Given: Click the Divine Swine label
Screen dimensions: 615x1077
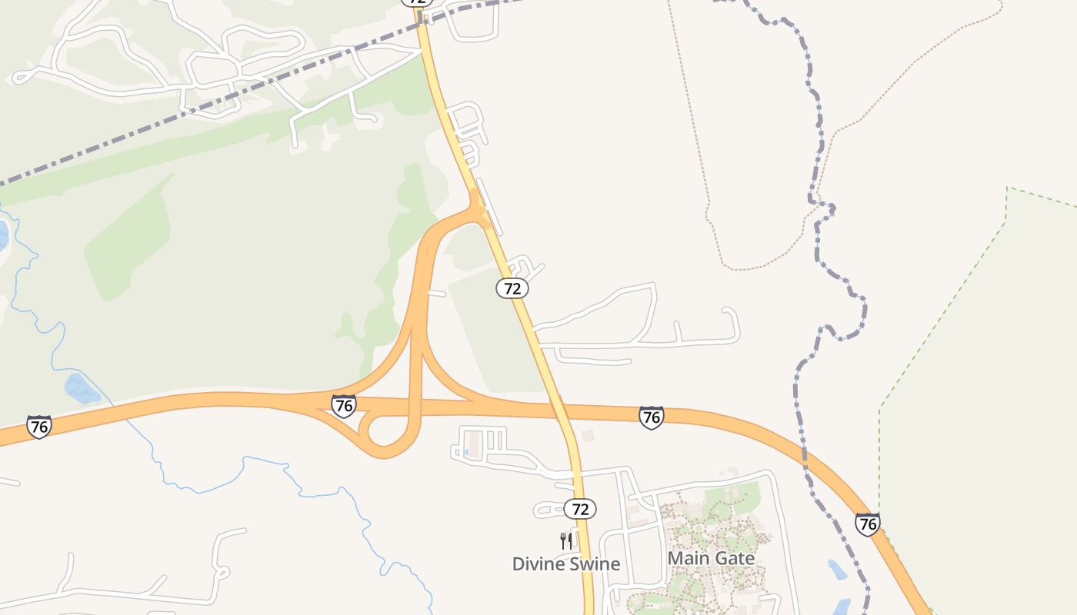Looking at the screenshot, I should pyautogui.click(x=566, y=564).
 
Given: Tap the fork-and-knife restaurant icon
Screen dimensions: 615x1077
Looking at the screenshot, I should pyautogui.click(x=566, y=541).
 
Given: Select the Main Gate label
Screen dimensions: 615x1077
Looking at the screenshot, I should pyautogui.click(x=711, y=558).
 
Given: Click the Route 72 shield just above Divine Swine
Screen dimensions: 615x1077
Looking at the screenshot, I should pyautogui.click(x=580, y=509).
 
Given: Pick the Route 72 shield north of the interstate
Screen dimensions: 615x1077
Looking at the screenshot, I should pyautogui.click(x=512, y=288).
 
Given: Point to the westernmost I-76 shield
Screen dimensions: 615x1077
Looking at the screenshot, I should pyautogui.click(x=38, y=427).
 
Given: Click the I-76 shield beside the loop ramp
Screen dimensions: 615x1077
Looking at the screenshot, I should pyautogui.click(x=344, y=405).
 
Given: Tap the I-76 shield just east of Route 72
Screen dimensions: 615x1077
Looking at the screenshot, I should pyautogui.click(x=651, y=417).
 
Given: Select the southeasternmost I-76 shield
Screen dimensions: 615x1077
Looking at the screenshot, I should pyautogui.click(x=867, y=524).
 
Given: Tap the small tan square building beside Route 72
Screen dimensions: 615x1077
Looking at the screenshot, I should pyautogui.click(x=588, y=436).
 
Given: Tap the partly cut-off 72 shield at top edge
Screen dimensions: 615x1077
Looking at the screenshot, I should pyautogui.click(x=416, y=2).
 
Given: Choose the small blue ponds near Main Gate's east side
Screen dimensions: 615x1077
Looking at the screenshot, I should pyautogui.click(x=837, y=570).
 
